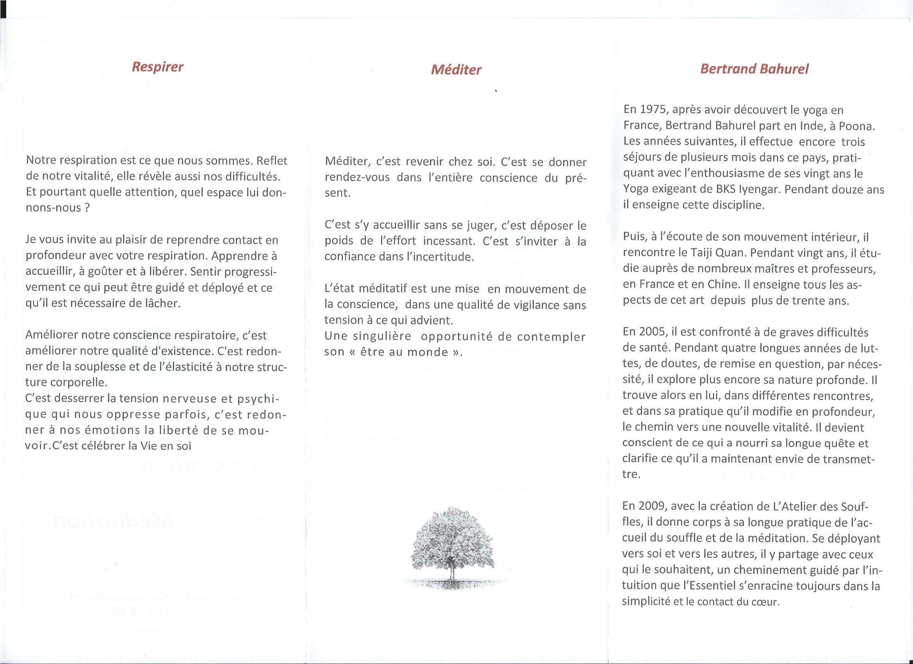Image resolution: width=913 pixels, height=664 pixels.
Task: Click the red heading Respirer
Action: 157,67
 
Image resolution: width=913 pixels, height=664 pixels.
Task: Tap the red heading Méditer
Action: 456,70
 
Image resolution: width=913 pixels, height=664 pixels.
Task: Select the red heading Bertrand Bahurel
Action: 754,69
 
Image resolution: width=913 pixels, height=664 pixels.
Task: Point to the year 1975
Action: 653,109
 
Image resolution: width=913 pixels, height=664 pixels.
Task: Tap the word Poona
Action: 856,126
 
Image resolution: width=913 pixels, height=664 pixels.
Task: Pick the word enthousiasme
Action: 711,173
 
